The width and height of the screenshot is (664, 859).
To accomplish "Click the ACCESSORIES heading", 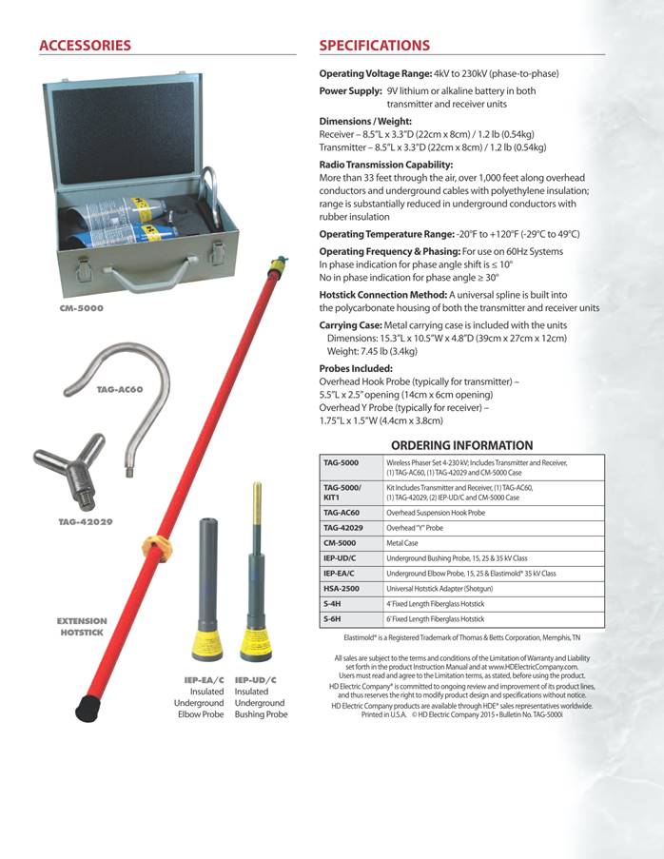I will [85, 46].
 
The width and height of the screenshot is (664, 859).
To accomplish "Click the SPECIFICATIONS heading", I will [374, 46].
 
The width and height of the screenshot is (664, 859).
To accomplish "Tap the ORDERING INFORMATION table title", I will [462, 445].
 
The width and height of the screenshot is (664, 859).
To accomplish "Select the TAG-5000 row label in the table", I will [341, 462].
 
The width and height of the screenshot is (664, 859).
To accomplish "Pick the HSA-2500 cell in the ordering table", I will [342, 590].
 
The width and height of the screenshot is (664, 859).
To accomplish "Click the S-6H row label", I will [333, 619].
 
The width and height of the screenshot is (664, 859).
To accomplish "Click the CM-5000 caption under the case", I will [81, 308].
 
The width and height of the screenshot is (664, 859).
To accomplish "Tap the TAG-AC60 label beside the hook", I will [119, 389].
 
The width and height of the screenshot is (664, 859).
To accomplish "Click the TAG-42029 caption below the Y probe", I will [85, 522].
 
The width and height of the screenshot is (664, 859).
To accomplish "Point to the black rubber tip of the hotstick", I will [88, 706].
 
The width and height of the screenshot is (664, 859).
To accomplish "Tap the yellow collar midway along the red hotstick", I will [156, 547].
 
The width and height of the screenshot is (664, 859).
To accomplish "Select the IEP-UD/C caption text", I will [255, 679].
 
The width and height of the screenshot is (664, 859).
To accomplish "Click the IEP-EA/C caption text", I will [204, 679].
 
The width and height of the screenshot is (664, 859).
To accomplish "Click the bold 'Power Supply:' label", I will [351, 91].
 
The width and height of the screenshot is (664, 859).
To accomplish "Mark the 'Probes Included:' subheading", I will [356, 368].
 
